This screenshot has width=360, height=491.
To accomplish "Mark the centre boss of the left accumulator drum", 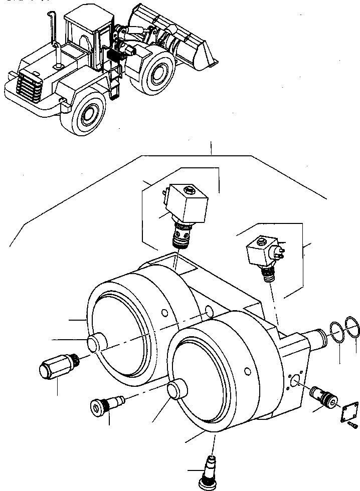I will (96, 344).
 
